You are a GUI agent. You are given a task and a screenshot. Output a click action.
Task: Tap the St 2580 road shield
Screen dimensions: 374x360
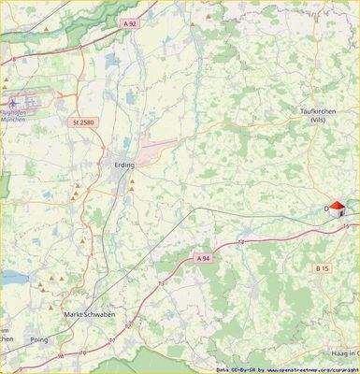point(83,122)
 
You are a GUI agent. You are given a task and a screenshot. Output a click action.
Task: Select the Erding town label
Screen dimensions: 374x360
point(122,165)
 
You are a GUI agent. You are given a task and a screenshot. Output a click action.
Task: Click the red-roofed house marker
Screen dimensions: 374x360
point(338,209)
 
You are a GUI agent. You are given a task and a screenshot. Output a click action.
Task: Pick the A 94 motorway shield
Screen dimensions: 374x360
point(203,256)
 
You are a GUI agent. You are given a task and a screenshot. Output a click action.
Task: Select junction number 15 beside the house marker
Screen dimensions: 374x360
point(345,226)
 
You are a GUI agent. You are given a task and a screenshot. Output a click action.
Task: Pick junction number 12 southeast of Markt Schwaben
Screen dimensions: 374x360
point(111,339)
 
